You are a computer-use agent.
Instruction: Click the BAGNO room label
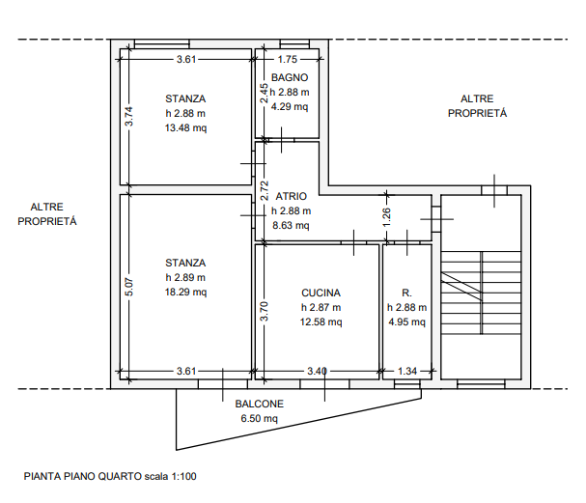click(290, 76)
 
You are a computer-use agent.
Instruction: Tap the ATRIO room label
click(291, 196)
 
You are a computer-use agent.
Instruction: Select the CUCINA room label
click(321, 293)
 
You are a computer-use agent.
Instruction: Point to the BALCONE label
click(259, 405)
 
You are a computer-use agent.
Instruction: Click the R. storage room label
click(406, 293)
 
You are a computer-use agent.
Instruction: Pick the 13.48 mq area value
click(185, 127)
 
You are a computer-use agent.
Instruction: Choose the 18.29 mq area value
click(185, 292)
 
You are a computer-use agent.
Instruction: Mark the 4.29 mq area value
click(290, 106)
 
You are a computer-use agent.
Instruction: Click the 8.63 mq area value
click(291, 226)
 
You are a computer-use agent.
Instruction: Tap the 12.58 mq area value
click(321, 322)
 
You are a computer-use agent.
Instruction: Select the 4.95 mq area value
click(406, 322)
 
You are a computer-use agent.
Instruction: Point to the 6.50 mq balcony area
click(259, 419)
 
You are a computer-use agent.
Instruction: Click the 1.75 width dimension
click(287, 59)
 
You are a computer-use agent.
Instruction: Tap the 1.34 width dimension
click(407, 371)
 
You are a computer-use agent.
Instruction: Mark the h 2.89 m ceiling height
click(185, 277)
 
